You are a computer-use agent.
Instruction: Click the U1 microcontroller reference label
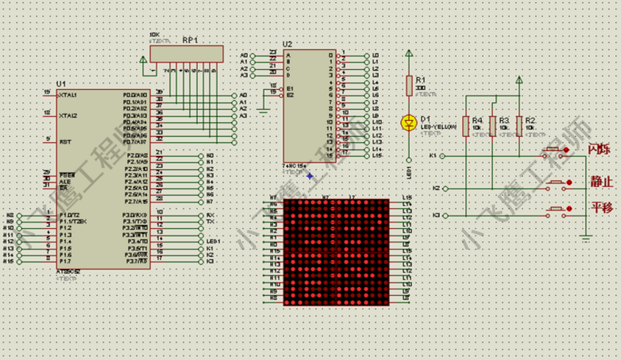60,84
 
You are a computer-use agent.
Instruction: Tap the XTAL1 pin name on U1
68,95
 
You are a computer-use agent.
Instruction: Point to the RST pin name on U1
65,141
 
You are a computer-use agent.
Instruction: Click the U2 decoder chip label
287,44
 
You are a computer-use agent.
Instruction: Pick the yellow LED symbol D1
409,122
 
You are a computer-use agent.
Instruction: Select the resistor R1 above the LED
409,86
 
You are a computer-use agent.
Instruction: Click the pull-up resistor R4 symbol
465,125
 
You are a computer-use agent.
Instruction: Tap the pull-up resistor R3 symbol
492,125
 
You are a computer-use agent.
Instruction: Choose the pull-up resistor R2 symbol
519,125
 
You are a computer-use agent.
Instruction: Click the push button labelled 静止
556,182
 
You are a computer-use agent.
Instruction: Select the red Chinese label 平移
601,207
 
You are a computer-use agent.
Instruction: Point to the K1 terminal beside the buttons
433,156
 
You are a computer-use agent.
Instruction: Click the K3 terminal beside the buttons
436,215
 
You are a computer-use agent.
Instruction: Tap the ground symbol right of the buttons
586,237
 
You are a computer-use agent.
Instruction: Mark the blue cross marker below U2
310,176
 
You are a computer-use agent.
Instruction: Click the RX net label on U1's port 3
210,215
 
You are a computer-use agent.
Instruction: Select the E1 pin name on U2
290,88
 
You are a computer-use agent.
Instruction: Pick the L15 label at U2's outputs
377,155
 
